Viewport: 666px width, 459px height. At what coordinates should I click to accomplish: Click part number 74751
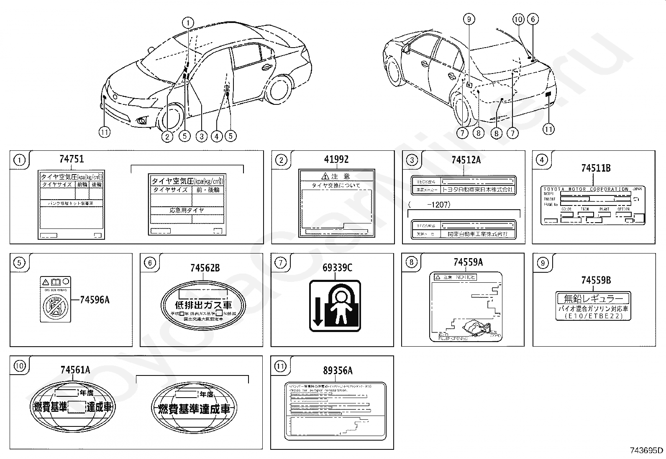click(71, 159)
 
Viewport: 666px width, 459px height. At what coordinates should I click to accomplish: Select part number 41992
click(336, 159)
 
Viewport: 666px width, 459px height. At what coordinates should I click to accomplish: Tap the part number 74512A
click(466, 160)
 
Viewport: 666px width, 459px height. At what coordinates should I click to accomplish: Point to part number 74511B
click(596, 168)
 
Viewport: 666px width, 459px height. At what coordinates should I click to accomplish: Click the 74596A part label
click(95, 299)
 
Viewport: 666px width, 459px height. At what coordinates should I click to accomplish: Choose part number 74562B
click(205, 268)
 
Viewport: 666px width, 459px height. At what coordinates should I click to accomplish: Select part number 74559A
click(468, 262)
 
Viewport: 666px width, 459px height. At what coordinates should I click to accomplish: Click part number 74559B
click(596, 281)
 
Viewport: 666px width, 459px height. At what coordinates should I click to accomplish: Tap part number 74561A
click(75, 370)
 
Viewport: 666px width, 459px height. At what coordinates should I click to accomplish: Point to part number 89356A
click(338, 370)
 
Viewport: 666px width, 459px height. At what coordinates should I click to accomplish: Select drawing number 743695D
click(646, 450)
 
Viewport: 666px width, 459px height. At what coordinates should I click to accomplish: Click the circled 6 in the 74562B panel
click(150, 262)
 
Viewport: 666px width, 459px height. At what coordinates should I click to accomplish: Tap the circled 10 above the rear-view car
click(518, 19)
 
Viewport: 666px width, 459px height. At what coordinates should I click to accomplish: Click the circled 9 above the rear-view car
click(469, 19)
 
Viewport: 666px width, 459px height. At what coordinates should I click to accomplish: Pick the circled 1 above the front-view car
click(188, 23)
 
